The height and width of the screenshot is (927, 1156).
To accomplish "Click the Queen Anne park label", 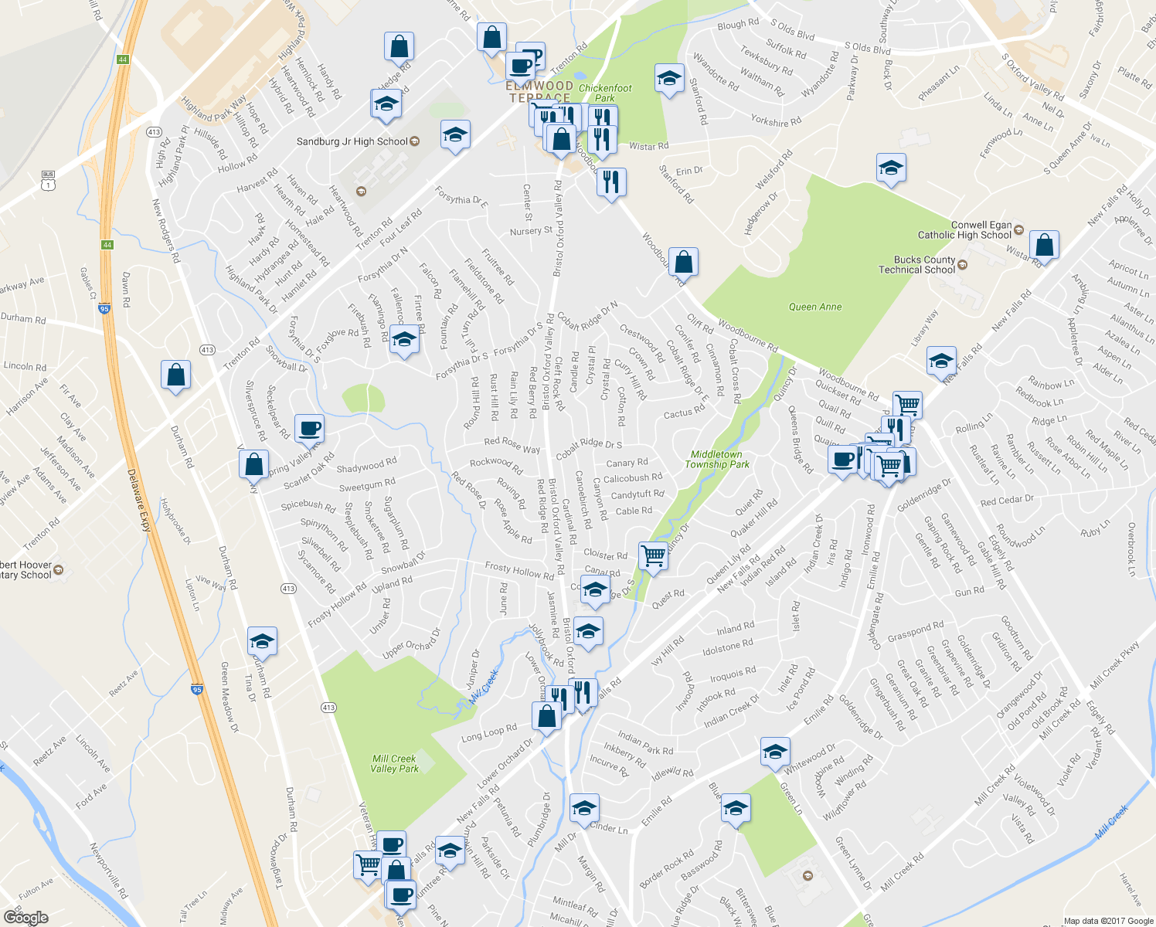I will [814, 307].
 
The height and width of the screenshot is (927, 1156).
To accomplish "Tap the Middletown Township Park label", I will [716, 460].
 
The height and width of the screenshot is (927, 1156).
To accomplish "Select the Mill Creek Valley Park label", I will [394, 763].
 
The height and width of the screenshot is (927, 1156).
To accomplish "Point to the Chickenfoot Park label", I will [605, 93].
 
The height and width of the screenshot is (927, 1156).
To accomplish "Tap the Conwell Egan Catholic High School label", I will [964, 230].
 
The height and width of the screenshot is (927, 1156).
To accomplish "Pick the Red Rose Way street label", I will [512, 445].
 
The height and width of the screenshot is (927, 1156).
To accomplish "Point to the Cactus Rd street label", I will [684, 413].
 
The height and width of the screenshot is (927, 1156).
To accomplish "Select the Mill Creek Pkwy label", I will [1115, 665].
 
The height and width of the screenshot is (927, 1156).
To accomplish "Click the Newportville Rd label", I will [108, 871].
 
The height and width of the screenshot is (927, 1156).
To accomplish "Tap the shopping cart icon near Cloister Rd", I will [654, 555].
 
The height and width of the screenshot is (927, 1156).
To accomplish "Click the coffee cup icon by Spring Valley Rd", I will [309, 428].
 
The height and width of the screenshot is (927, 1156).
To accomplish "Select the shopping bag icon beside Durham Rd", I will [176, 375].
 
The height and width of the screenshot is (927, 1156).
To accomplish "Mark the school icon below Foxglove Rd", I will [403, 339].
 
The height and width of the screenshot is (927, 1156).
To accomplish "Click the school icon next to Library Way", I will [940, 360].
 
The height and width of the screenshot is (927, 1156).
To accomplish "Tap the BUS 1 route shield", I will [48, 180].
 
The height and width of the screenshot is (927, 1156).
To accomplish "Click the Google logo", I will [25, 918].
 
